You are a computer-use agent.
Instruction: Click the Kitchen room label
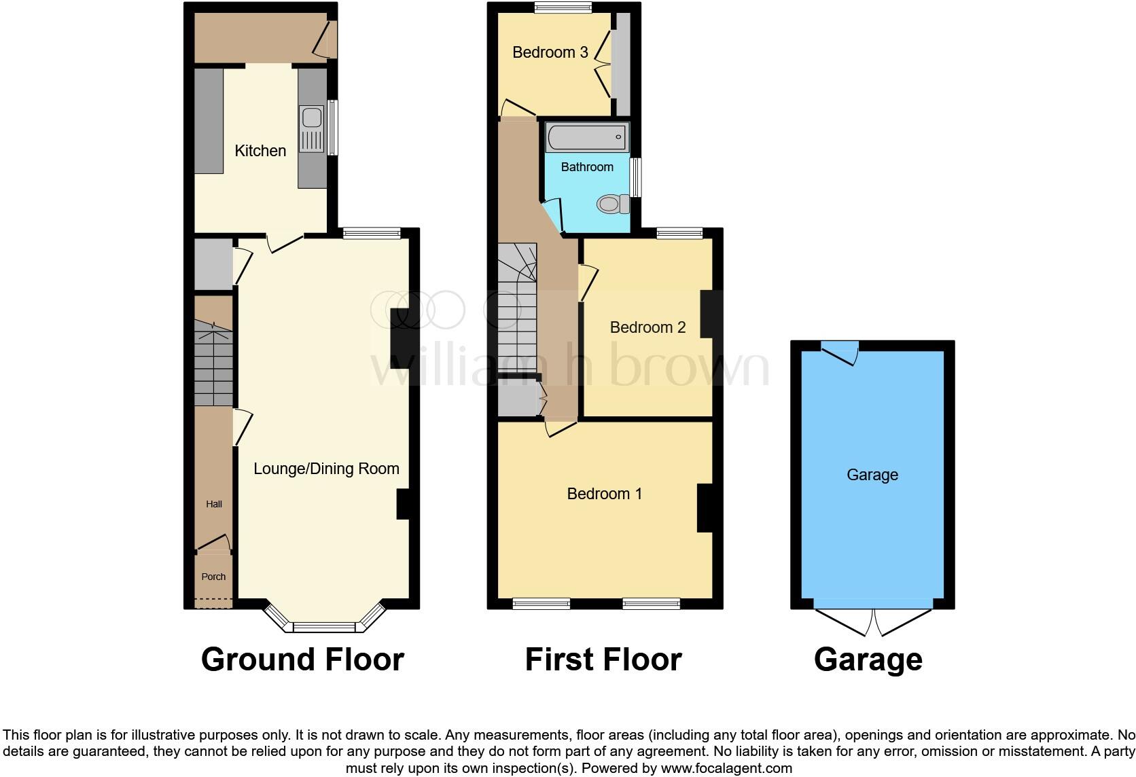click(260, 151)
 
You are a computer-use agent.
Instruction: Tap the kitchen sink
click(312, 118)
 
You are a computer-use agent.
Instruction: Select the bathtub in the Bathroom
click(588, 137)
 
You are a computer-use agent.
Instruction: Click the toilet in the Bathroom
click(612, 204)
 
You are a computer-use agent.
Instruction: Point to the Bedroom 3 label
click(550, 52)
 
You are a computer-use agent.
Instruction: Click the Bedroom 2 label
click(647, 327)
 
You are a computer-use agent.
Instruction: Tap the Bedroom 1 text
click(604, 494)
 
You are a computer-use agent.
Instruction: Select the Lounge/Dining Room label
click(326, 469)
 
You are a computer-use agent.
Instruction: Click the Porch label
click(213, 577)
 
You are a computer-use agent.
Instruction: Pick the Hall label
click(214, 504)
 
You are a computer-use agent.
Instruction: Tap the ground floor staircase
click(213, 363)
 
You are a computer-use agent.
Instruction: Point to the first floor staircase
click(518, 309)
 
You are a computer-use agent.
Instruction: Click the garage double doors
click(873, 619)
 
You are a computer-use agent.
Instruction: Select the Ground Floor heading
click(302, 659)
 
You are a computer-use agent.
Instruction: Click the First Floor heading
click(603, 659)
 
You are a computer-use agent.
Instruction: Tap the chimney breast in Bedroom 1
click(705, 507)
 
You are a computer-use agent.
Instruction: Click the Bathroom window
click(636, 177)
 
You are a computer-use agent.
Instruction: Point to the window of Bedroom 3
click(563, 8)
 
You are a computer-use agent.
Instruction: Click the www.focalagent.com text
click(726, 769)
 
